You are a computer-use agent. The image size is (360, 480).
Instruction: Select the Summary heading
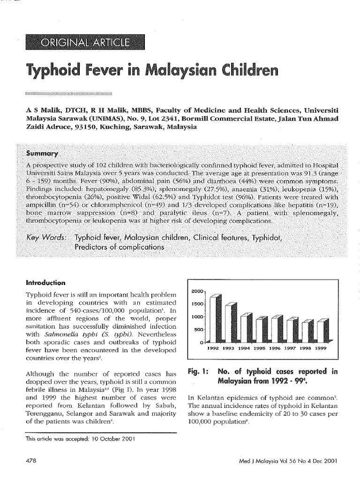[42, 154]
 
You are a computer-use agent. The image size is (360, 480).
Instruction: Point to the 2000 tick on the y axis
[196, 292]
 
